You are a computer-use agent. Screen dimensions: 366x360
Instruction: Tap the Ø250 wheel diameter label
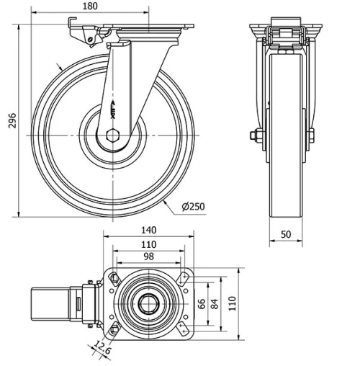(x=193, y=207)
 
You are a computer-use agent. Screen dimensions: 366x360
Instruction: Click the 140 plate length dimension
(x=150, y=230)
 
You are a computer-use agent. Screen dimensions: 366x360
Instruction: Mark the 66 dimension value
(x=202, y=303)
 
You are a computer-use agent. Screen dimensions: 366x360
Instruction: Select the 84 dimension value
(x=214, y=303)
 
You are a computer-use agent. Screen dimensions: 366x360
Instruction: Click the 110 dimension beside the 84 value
(x=232, y=303)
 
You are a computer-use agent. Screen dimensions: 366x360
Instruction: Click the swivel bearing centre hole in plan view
(x=150, y=303)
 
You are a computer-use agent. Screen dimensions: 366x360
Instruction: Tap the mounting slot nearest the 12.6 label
(x=114, y=330)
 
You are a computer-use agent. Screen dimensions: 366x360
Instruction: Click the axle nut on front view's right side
(x=311, y=134)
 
